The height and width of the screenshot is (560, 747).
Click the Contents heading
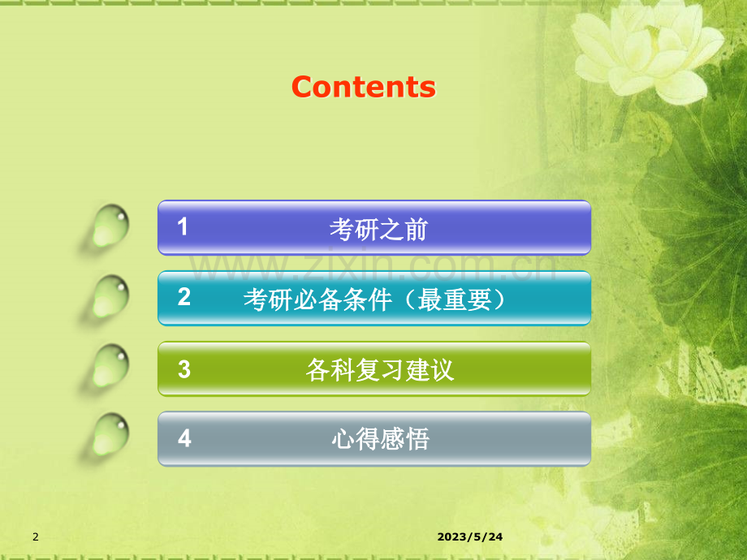363,87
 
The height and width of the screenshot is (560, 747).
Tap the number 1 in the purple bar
184,227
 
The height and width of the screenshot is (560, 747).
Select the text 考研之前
378,230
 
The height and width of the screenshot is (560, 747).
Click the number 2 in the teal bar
184,298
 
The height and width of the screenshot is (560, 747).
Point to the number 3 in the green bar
184,369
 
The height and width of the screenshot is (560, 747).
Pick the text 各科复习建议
379,371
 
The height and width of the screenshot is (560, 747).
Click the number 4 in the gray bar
184,439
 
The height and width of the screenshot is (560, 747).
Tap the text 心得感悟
380,440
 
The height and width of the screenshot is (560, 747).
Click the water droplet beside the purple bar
110,226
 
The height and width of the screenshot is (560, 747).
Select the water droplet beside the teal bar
110,296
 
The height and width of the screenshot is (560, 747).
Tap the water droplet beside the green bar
110,367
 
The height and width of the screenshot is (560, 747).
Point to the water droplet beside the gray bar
110,436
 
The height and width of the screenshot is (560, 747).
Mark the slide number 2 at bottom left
35,537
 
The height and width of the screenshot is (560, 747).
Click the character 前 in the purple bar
416,230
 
